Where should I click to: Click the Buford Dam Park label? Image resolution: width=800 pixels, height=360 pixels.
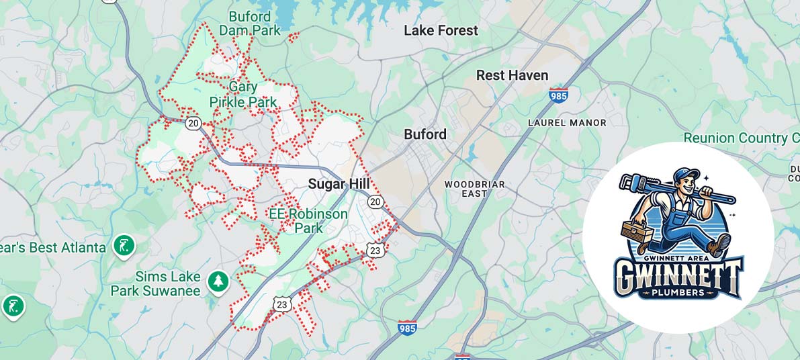(x=249, y=24)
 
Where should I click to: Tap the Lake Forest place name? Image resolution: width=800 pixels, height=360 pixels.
(x=441, y=30)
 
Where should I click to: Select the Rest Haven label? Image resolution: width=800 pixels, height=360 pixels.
(x=512, y=75)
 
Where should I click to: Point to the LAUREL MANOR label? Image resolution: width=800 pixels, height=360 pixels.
(x=567, y=123)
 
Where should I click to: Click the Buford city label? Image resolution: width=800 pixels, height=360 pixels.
(x=425, y=134)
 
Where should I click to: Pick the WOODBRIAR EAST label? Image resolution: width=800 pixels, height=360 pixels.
(x=474, y=189)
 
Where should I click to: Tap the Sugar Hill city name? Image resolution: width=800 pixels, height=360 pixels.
(x=339, y=184)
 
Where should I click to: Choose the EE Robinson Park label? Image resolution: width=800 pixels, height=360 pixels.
(x=308, y=221)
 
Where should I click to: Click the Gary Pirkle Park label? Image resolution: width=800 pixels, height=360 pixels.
(x=242, y=95)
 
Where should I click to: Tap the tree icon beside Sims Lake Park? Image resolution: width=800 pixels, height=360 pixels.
(x=218, y=281)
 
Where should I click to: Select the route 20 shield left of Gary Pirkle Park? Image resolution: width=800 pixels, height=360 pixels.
(x=193, y=123)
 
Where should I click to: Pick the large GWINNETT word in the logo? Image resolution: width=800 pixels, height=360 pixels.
(x=678, y=274)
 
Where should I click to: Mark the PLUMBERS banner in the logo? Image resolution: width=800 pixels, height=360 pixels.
(x=678, y=293)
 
